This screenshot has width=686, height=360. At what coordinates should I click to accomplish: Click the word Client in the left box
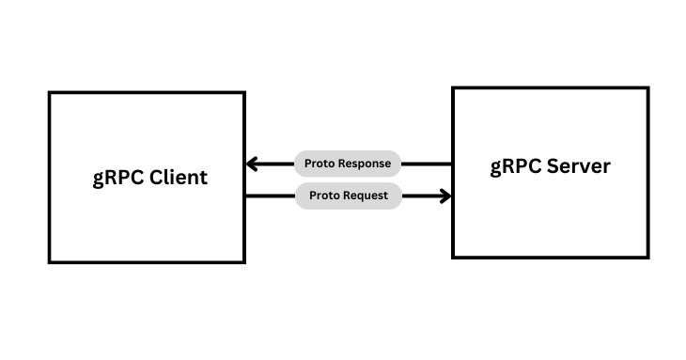click(x=177, y=178)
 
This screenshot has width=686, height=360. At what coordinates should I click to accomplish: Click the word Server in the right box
click(x=577, y=167)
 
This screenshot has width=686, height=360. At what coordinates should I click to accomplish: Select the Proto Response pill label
click(x=348, y=163)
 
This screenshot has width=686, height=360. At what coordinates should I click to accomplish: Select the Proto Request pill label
click(x=348, y=196)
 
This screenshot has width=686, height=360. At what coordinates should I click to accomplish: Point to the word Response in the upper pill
click(x=366, y=163)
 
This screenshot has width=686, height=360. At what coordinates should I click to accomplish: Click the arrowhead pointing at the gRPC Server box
click(x=444, y=196)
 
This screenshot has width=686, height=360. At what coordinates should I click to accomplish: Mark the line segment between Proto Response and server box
click(x=427, y=164)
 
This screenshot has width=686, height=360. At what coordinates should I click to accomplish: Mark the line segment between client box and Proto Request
click(x=270, y=196)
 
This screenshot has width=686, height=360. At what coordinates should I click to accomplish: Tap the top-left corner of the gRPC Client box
click(x=50, y=93)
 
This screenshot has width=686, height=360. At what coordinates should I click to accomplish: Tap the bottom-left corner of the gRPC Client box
click(x=50, y=261)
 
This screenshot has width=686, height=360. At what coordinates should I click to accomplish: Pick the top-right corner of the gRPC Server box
click(x=647, y=88)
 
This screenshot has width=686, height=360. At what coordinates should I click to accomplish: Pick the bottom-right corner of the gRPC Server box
click(x=647, y=257)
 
